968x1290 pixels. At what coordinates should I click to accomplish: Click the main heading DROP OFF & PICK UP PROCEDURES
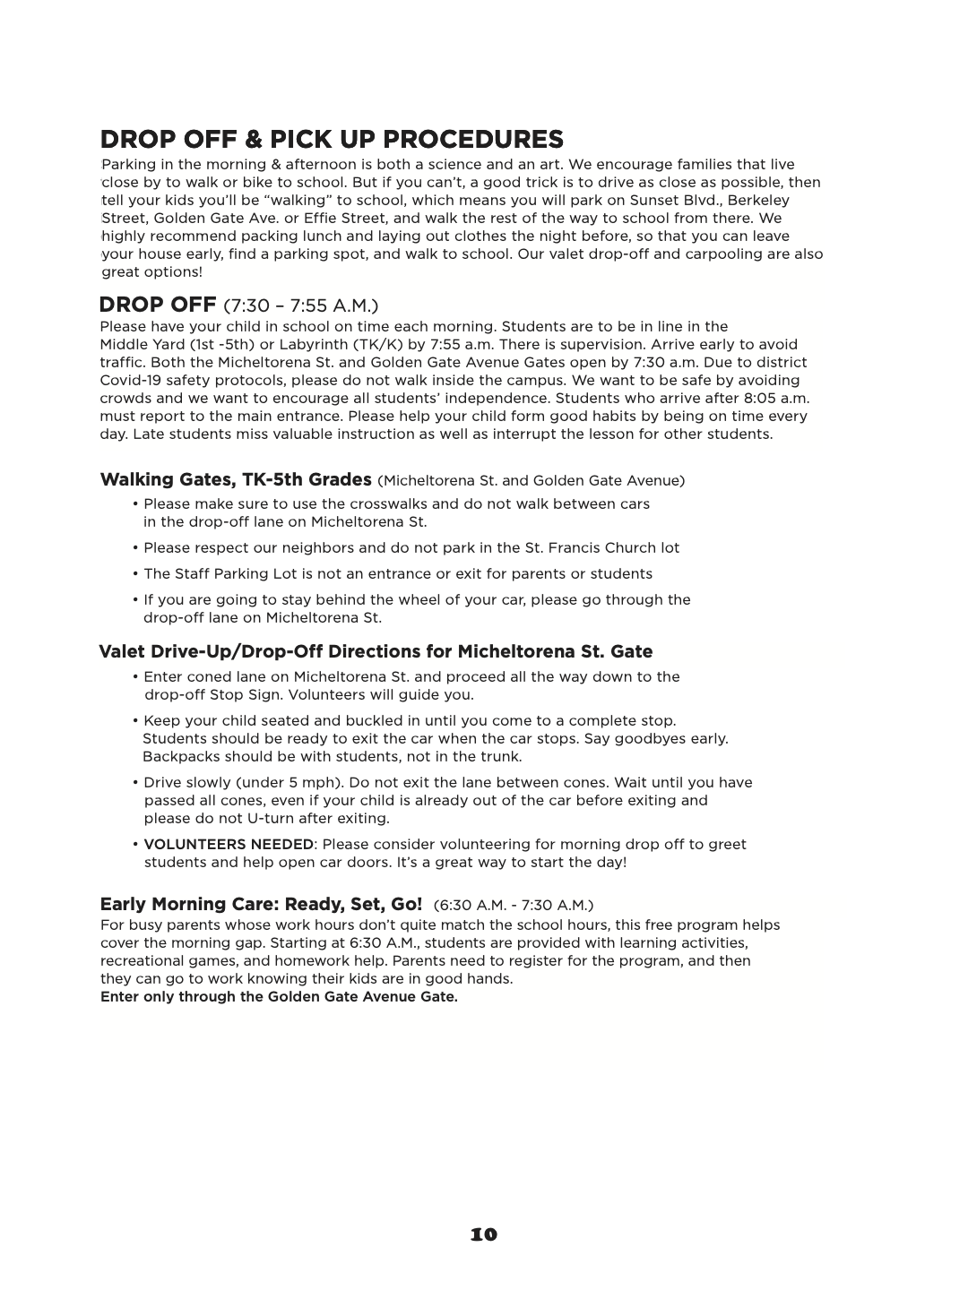tap(332, 140)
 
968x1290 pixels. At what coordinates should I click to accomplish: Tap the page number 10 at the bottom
tap(483, 1234)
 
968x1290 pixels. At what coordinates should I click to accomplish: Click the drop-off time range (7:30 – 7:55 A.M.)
tap(300, 305)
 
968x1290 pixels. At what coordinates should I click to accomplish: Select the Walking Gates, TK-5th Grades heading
tap(236, 479)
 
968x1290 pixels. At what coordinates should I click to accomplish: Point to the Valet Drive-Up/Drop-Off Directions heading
tap(376, 651)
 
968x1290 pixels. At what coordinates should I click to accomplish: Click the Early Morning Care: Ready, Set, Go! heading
tap(261, 904)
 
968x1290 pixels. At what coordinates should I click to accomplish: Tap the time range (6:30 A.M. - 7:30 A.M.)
tap(513, 906)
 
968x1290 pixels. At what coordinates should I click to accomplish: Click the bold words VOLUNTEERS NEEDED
tap(229, 844)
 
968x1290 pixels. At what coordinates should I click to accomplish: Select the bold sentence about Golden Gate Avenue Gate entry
tap(279, 997)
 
